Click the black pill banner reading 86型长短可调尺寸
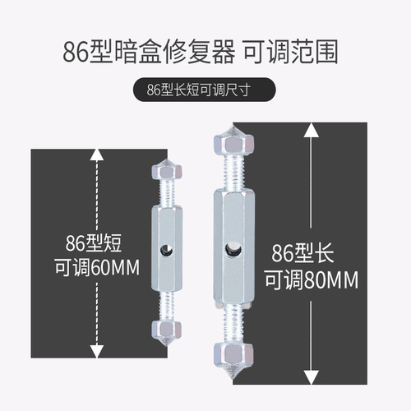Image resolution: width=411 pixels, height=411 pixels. tap(205, 90)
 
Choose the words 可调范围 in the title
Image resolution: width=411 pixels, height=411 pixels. tap(298, 49)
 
